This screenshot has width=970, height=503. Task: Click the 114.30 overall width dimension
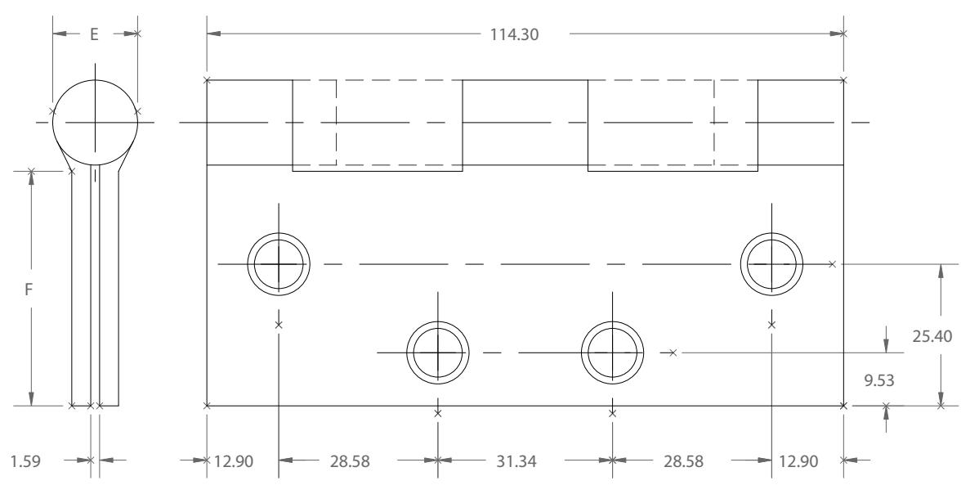coord(514,34)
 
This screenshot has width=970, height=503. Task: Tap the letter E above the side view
coord(94,34)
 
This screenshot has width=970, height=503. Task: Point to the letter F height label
coord(29,289)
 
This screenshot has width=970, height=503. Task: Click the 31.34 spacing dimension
coord(516,461)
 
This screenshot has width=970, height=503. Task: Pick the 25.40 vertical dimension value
coord(932,336)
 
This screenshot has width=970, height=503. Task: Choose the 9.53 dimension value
coord(879,379)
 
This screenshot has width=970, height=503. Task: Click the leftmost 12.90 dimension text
coord(233,461)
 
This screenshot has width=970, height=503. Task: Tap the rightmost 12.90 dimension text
coord(798,461)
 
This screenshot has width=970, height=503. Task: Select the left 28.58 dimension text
coord(350,461)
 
